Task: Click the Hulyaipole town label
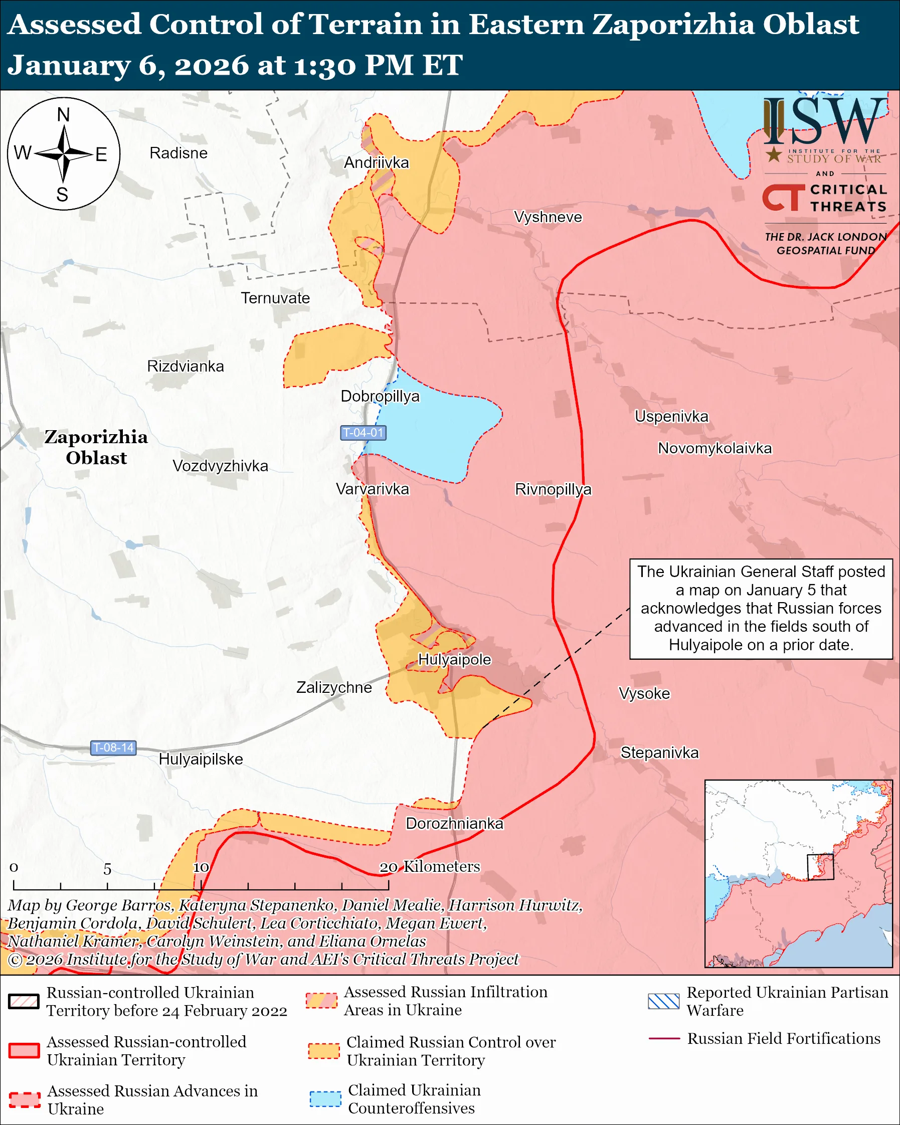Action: pos(454,660)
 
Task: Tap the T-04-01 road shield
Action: pos(363,433)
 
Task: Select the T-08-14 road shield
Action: pos(113,747)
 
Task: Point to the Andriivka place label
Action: pos(376,163)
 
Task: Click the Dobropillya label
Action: pos(380,397)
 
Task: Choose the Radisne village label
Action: pos(178,153)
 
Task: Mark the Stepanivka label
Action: pos(659,753)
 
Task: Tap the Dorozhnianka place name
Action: pos(454,823)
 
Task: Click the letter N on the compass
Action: pos(63,115)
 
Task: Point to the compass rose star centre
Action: pos(63,154)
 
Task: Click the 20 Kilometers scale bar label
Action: pos(429,867)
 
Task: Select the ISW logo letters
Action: pos(824,122)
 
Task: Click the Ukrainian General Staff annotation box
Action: pos(761,609)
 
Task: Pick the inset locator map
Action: pos(798,873)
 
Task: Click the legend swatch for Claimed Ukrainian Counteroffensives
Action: pos(325,1098)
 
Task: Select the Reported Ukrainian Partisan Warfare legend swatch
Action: pos(663,1001)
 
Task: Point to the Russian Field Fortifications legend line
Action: pos(664,1038)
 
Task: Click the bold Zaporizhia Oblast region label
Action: pos(96,447)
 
